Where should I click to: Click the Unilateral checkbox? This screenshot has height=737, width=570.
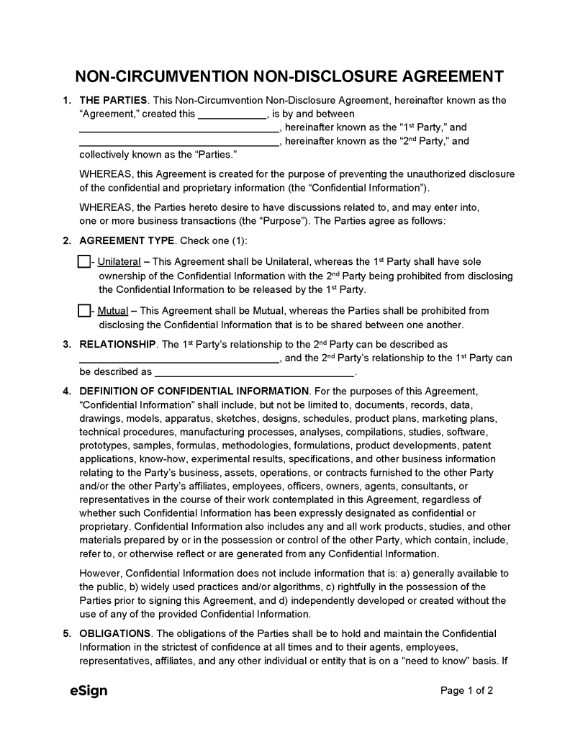tap(83, 262)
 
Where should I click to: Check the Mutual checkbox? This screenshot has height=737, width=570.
tap(83, 312)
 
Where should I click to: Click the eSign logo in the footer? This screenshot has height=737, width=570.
tap(89, 691)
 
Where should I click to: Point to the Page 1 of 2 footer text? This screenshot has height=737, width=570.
tap(466, 691)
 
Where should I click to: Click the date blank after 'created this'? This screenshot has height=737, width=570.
tap(232, 115)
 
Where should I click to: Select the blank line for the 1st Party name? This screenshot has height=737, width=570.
tap(178, 129)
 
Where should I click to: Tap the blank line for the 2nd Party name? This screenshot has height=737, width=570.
tap(178, 143)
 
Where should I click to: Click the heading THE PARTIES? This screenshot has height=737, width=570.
tap(113, 100)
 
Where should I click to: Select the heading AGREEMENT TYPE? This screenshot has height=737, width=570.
tap(127, 240)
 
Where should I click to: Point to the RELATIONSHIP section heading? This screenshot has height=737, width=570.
tap(117, 345)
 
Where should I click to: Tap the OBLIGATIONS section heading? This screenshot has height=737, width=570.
tap(114, 633)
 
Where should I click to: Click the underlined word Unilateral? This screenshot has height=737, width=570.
tap(119, 262)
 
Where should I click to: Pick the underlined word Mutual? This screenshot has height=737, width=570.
tap(113, 312)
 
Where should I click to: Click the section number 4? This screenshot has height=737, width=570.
tap(66, 392)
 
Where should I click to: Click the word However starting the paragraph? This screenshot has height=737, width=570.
tap(101, 574)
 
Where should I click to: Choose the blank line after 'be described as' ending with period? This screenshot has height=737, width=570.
tap(254, 374)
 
